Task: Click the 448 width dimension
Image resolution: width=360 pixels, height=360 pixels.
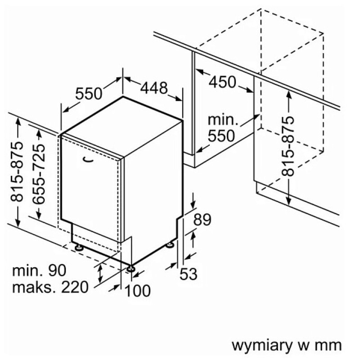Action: [x=154, y=88]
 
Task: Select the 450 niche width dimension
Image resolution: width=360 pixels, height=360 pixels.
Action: [x=222, y=82]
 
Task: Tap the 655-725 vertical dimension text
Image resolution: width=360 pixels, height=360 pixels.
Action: [x=39, y=174]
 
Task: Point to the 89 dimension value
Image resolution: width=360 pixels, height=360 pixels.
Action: [x=202, y=220]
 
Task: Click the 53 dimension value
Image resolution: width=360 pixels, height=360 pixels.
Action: [x=188, y=274]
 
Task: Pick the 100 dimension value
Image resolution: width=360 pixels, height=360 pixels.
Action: [x=138, y=291]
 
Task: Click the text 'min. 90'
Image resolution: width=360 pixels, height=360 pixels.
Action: [x=39, y=270]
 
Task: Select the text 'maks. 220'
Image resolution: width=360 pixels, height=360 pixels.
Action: [x=50, y=287]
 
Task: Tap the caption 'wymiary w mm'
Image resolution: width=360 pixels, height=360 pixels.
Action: [x=287, y=345]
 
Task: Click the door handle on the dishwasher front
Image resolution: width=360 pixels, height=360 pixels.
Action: [x=88, y=160]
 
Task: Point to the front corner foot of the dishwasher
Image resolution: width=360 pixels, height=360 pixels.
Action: [x=131, y=268]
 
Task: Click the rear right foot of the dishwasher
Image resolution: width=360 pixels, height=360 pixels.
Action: [x=170, y=245]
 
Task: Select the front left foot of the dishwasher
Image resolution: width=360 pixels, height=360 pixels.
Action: [x=79, y=247]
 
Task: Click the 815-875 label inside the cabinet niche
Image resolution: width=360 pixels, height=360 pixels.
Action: [x=288, y=146]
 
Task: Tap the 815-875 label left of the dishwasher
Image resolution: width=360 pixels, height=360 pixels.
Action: [x=17, y=172]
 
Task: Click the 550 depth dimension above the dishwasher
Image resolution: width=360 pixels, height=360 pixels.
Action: [x=89, y=94]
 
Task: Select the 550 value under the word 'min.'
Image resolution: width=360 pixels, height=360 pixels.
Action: [x=221, y=136]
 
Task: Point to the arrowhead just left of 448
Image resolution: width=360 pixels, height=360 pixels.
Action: [x=127, y=79]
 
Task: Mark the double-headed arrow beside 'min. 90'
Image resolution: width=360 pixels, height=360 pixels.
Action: [x=100, y=274]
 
